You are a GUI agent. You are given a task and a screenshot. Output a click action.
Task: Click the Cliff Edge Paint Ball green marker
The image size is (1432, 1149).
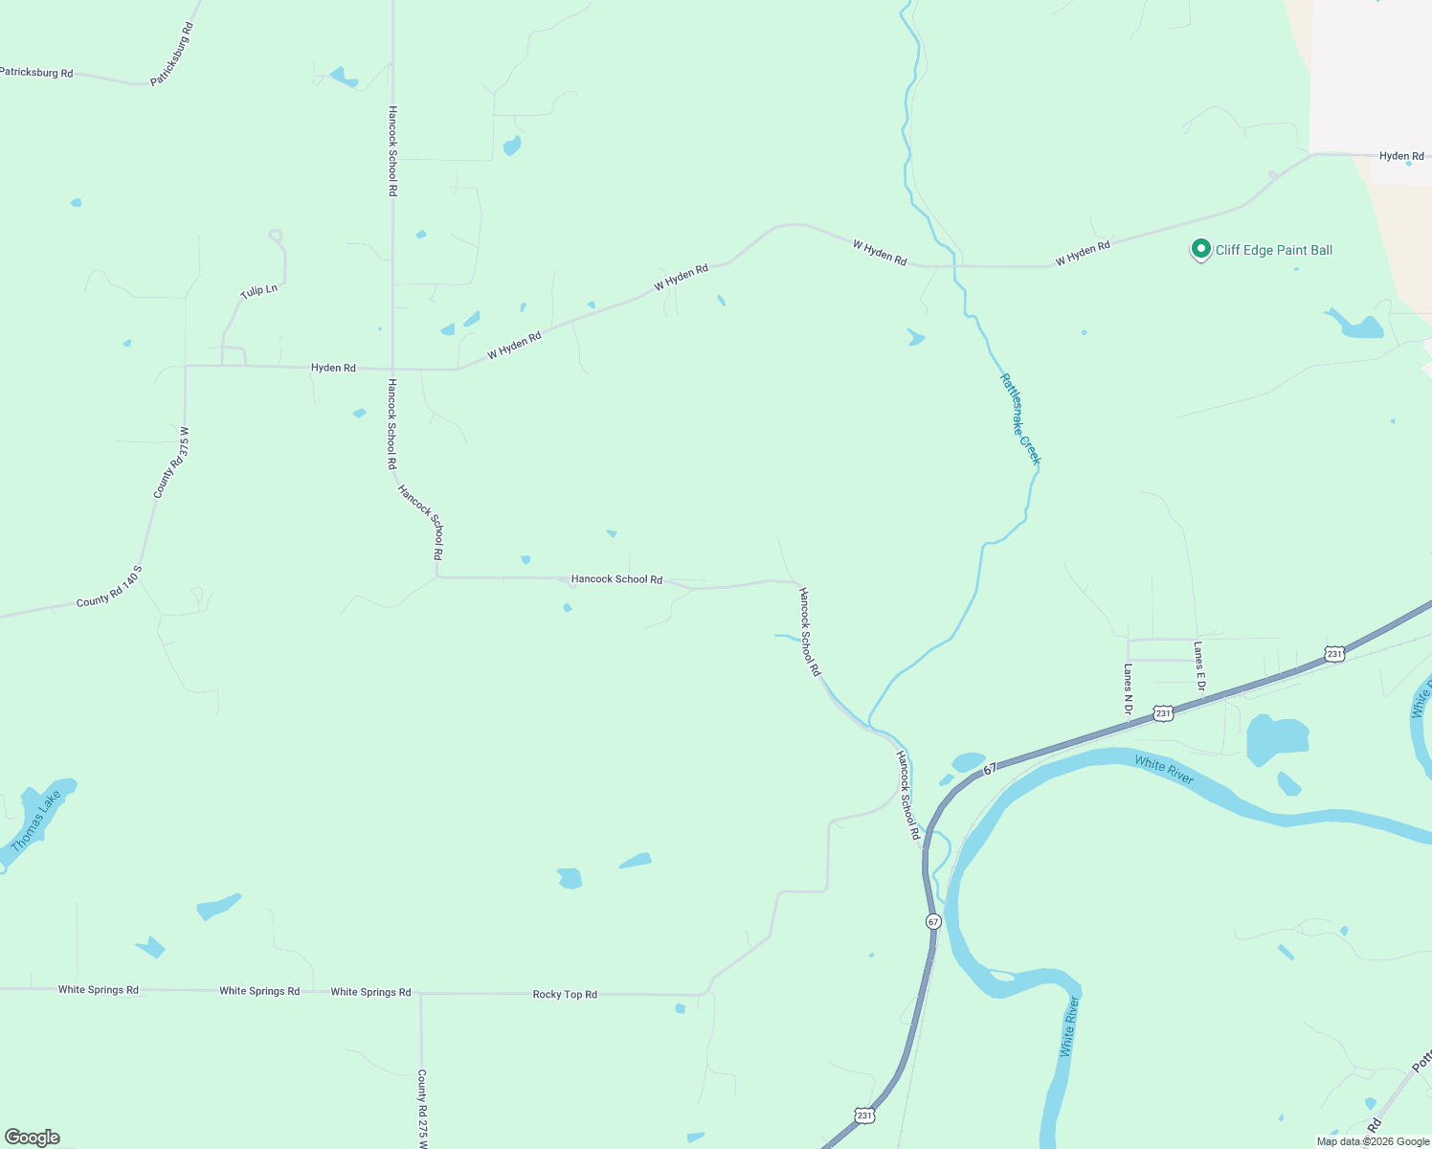tap(1200, 249)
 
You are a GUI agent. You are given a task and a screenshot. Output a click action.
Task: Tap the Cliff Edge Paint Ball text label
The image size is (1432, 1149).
tap(1273, 250)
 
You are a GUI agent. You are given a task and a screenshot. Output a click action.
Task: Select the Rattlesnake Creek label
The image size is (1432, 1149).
tap(1019, 419)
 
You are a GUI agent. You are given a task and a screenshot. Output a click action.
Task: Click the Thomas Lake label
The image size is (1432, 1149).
tap(35, 821)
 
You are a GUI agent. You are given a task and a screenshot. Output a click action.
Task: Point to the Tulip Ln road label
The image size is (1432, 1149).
tap(258, 290)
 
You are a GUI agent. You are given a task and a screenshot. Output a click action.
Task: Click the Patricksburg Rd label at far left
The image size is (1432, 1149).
tap(36, 73)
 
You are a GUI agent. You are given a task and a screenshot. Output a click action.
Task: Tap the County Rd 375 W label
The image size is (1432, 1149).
tap(172, 462)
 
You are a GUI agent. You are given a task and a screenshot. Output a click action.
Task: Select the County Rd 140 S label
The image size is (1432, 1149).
tap(109, 587)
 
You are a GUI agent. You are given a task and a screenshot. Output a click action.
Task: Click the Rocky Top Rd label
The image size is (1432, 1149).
tap(565, 995)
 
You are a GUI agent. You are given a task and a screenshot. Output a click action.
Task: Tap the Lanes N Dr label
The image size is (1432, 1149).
tap(1128, 690)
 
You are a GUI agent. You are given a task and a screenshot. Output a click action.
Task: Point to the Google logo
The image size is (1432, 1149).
tap(33, 1138)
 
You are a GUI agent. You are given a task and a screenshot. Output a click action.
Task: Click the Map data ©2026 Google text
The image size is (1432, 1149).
tap(1373, 1141)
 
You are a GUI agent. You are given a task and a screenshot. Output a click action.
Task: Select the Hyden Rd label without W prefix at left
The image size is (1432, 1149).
tap(333, 368)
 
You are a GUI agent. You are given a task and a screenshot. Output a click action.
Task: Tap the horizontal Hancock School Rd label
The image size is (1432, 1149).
tap(616, 579)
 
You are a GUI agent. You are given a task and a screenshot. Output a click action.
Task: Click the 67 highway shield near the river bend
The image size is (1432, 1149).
tap(933, 921)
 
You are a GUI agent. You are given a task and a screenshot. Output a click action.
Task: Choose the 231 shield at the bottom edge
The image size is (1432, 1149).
tap(863, 1115)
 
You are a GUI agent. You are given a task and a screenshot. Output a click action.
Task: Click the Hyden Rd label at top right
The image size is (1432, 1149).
tap(1401, 156)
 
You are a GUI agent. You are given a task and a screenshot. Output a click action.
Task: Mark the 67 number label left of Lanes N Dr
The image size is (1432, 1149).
tap(990, 768)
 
